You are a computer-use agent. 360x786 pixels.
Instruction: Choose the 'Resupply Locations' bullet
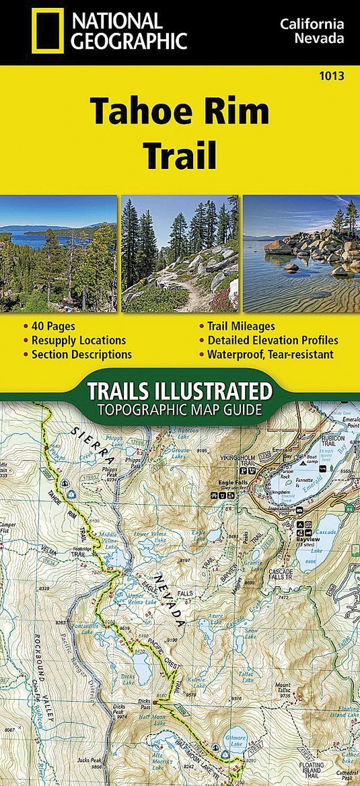pyautogui.click(x=78, y=341)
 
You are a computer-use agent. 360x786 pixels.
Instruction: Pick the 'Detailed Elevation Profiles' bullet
pyautogui.click(x=273, y=341)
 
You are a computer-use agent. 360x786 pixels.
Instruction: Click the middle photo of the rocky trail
pyautogui.click(x=180, y=254)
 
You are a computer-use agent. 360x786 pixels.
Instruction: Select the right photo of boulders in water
pyautogui.click(x=301, y=254)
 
